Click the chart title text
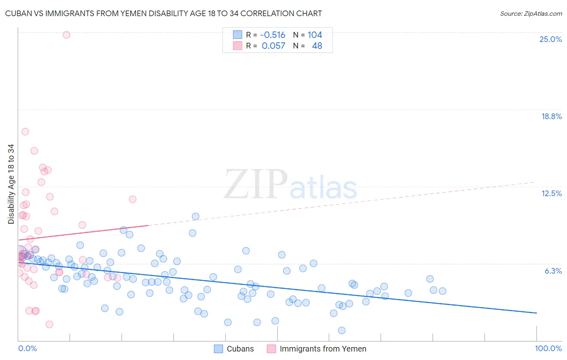pyautogui.click(x=163, y=13)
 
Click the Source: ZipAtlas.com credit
pyautogui.click(x=531, y=13)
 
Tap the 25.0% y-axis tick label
pyautogui.click(x=550, y=39)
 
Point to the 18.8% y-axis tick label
pyautogui.click(x=551, y=116)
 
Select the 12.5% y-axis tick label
pyautogui.click(x=551, y=193)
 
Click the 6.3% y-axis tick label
pyautogui.click(x=553, y=271)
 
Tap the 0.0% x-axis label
pyautogui.click(x=27, y=348)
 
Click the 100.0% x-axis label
pyautogui.click(x=548, y=348)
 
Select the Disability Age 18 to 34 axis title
pyautogui.click(x=11, y=184)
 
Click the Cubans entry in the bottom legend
pyautogui.click(x=240, y=349)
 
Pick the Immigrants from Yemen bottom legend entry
pyautogui.click(x=323, y=349)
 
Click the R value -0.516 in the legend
pyautogui.click(x=273, y=35)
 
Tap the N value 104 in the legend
pyautogui.click(x=315, y=35)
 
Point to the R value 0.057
pyautogui.click(x=273, y=46)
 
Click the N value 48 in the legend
pyautogui.click(x=317, y=46)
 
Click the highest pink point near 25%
pyautogui.click(x=67, y=35)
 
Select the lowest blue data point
pyautogui.click(x=342, y=330)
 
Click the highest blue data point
pyautogui.click(x=196, y=216)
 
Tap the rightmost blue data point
pyautogui.click(x=442, y=291)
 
